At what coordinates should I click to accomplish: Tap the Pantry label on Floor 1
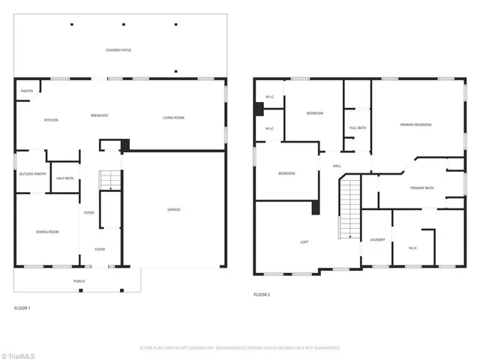coord(26,91)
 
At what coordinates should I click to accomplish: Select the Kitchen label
coord(51,120)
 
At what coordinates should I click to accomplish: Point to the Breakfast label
coord(100,115)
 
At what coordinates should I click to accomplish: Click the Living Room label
coord(174,118)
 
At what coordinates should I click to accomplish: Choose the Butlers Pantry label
coord(32,174)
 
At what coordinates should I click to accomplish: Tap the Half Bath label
coord(64,178)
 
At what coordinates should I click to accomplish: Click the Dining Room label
coord(47,232)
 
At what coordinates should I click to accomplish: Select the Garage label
coord(173,209)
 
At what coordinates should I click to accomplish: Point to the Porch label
coord(79,281)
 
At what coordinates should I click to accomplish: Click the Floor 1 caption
coord(22,308)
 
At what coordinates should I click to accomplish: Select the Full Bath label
coord(358,127)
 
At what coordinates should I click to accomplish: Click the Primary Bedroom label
coord(415,124)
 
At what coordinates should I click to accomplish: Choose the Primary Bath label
coord(422,187)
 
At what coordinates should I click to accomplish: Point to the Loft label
coord(304,242)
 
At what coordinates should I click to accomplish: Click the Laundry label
coord(377,239)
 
